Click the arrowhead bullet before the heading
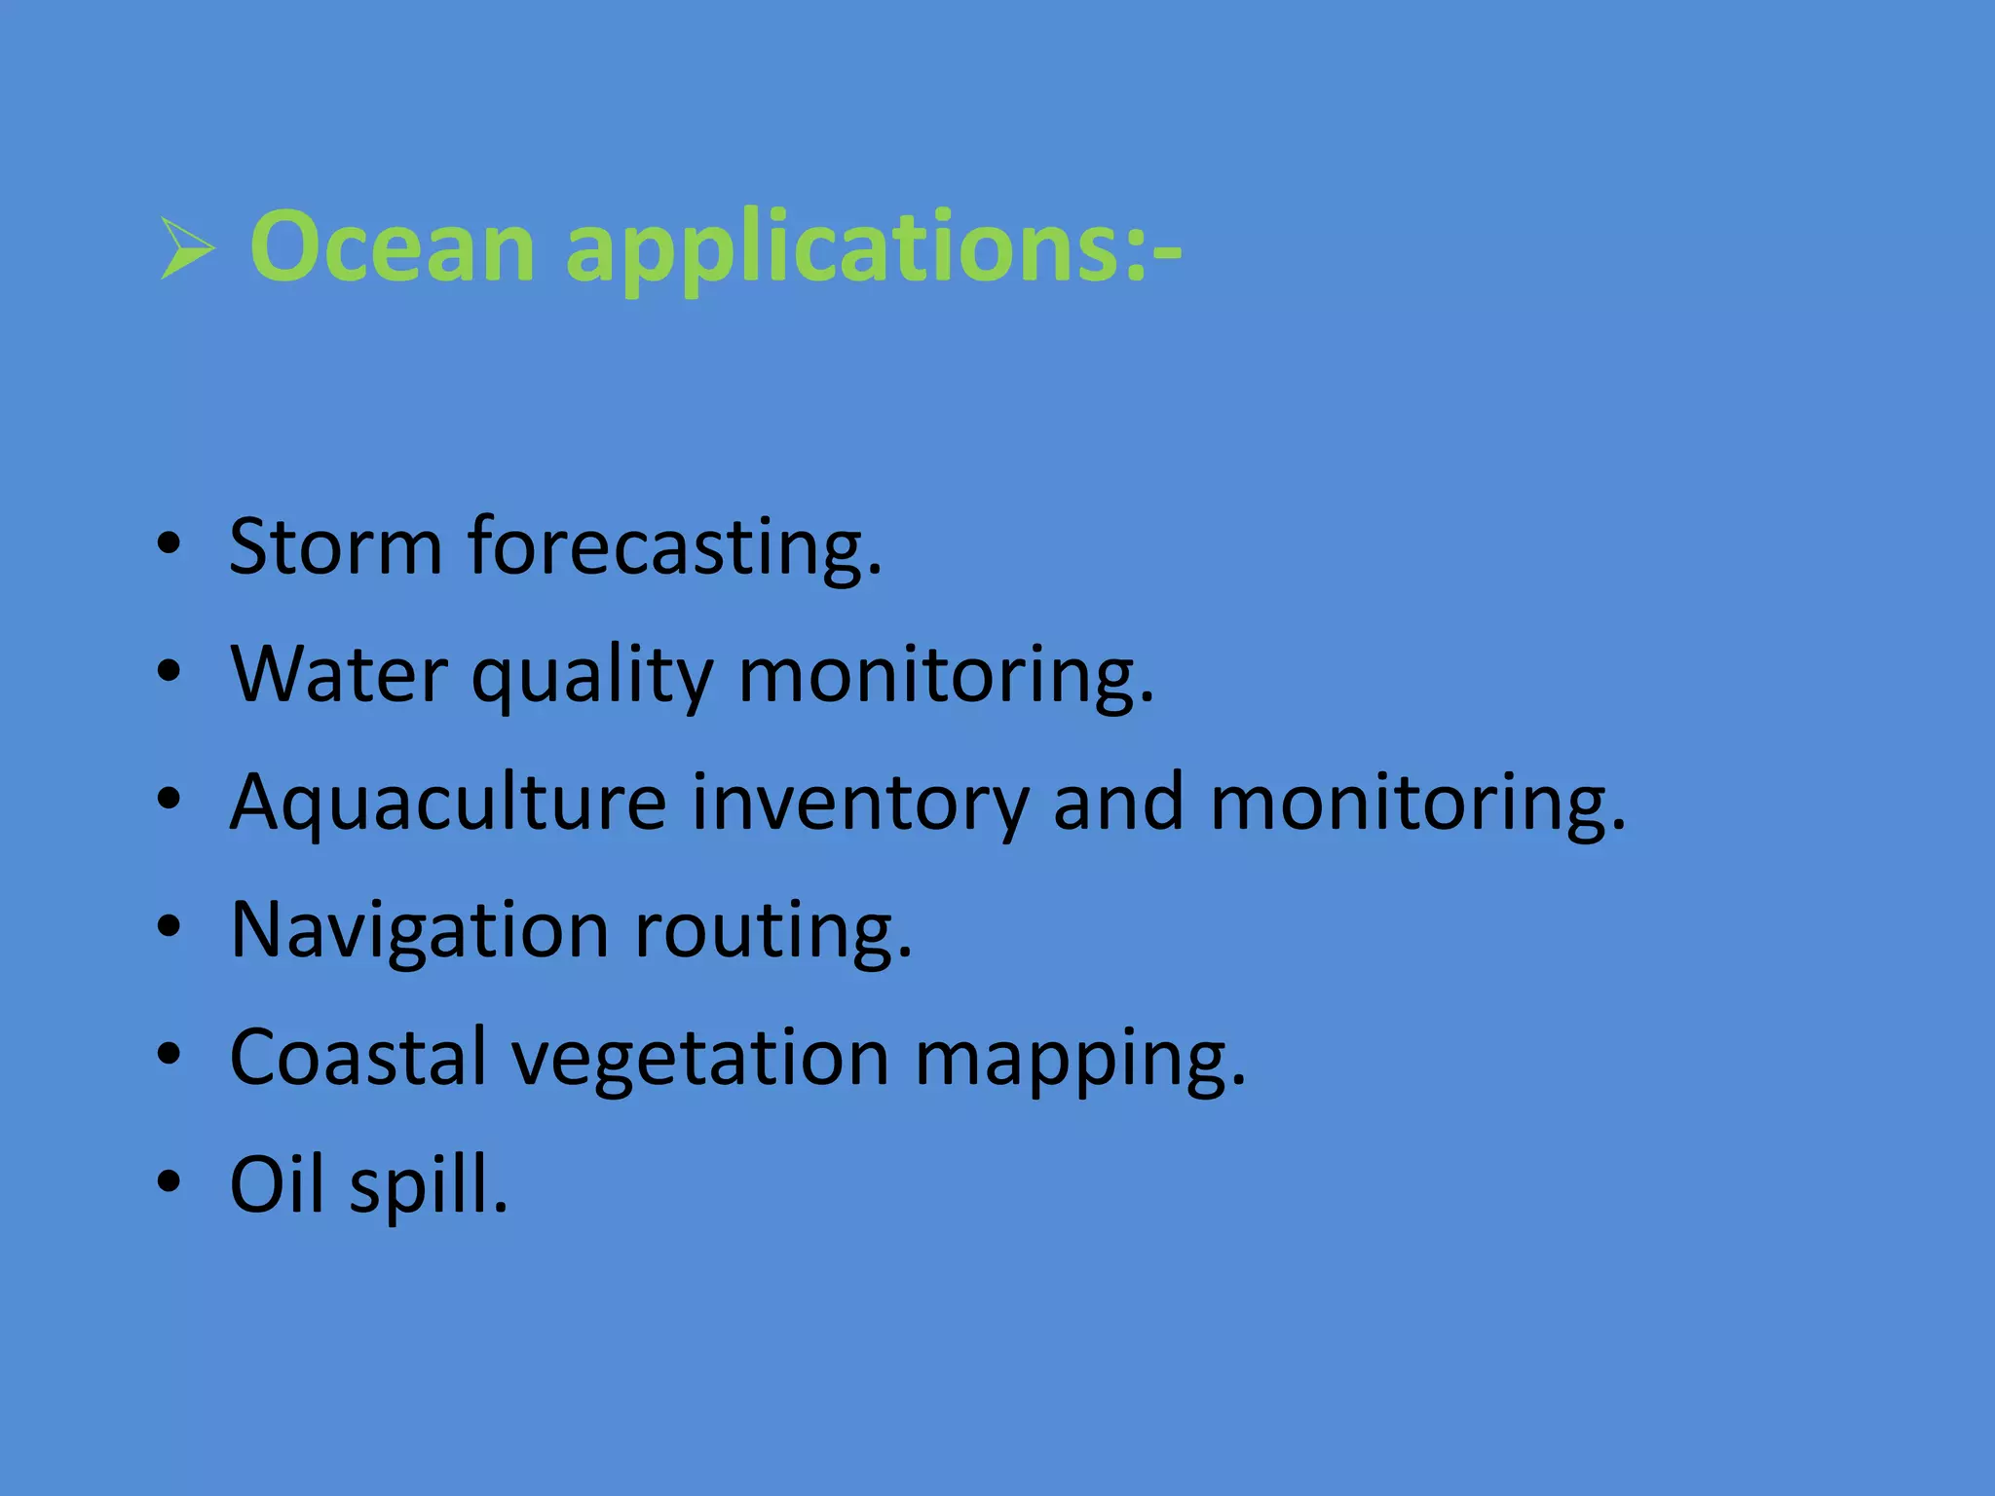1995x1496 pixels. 187,248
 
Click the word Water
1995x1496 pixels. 339,674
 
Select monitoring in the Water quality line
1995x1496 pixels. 945,677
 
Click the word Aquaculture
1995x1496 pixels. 448,804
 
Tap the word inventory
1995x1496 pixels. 860,804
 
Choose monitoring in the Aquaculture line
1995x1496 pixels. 1417,804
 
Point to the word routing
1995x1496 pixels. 772,933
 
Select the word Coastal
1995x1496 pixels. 358,1058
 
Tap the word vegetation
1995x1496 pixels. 700,1061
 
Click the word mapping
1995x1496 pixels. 1079,1062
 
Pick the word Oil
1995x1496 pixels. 276,1185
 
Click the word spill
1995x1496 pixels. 429,1188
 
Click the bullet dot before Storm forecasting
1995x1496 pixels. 169,544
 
